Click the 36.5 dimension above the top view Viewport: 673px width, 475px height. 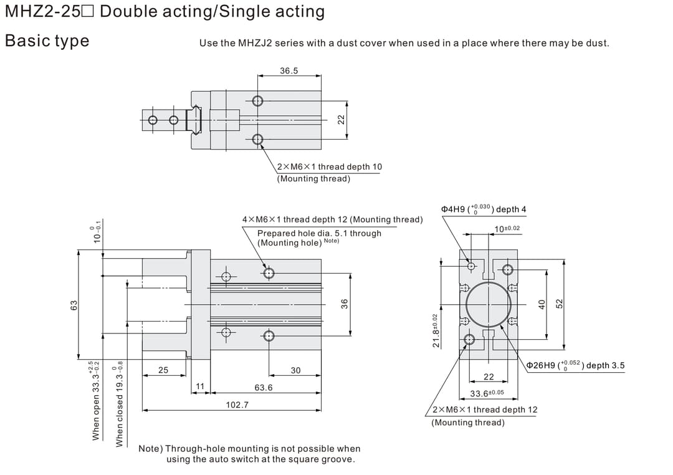(289, 71)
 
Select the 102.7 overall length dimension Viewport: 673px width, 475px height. (237, 405)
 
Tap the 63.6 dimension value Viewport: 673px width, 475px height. (264, 387)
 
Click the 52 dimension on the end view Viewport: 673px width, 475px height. (559, 303)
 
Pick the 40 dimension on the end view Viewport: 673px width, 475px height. (542, 304)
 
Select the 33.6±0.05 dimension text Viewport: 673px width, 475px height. (487, 393)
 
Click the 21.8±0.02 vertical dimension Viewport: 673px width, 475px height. (436, 330)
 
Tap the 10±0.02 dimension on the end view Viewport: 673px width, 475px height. (507, 229)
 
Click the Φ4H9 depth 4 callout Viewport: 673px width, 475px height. (484, 209)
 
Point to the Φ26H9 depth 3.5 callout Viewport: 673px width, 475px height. (575, 365)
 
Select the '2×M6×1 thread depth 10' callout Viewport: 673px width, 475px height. (330, 166)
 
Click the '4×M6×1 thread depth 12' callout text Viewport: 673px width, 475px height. (332, 219)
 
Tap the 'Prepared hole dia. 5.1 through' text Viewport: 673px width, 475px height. (319, 233)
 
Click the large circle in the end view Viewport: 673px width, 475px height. (489, 304)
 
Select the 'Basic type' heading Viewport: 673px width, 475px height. (47, 41)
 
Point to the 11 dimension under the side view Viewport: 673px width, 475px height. (200, 386)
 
